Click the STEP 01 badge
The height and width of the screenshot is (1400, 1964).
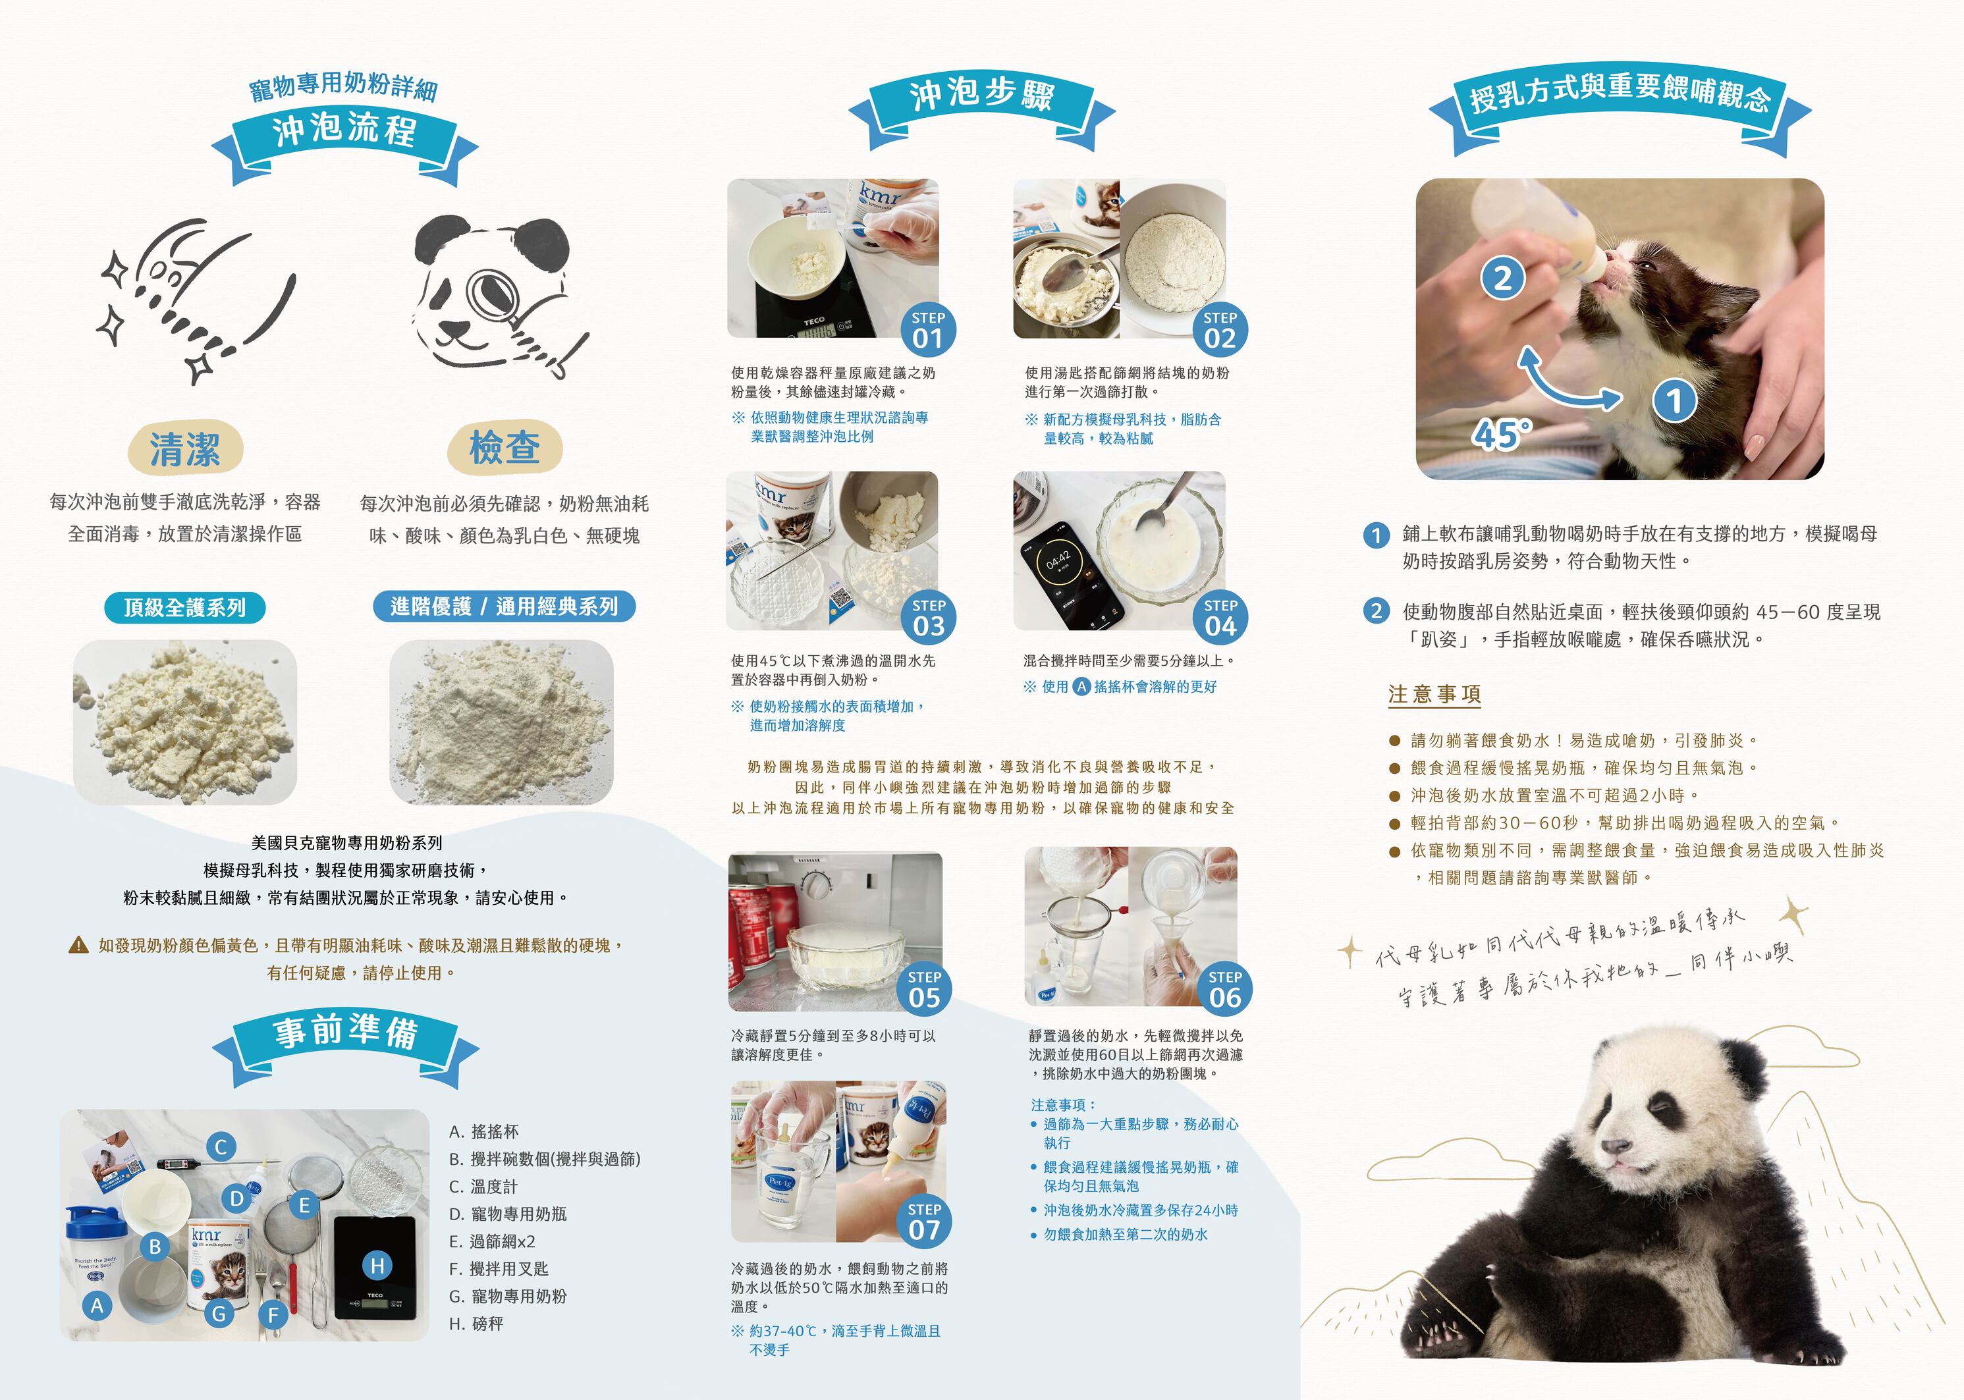point(928,329)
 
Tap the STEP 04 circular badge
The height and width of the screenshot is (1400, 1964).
point(1220,617)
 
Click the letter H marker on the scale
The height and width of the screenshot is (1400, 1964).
point(377,1266)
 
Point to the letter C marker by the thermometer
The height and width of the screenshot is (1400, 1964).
point(221,1146)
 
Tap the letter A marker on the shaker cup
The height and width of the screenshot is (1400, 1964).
point(97,1306)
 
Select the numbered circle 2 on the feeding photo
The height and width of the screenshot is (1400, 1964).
point(1503,279)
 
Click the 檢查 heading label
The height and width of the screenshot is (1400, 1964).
point(505,447)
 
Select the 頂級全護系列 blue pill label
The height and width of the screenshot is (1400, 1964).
point(184,608)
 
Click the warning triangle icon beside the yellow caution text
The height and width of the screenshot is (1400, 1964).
point(78,945)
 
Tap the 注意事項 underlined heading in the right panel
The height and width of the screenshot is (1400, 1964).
point(1434,695)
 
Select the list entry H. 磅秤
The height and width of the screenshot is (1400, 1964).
point(476,1323)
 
